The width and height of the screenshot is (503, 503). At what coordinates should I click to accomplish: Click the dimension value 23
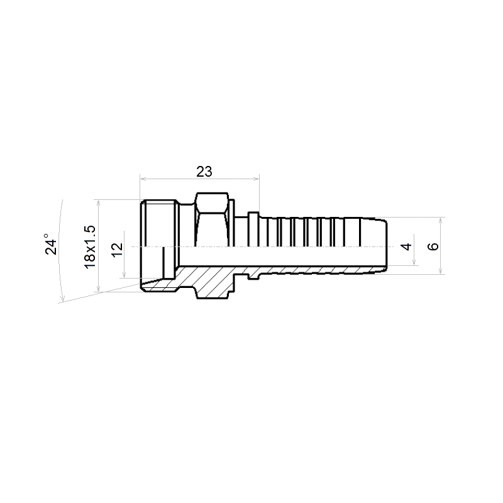click(204, 172)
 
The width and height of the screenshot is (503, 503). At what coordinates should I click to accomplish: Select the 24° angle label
click(51, 244)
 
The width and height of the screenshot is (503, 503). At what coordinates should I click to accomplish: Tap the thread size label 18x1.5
click(89, 246)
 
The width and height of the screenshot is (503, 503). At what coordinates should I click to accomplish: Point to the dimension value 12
click(118, 249)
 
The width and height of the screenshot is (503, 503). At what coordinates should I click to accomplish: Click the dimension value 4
click(407, 246)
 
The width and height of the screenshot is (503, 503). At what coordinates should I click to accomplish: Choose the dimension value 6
click(433, 246)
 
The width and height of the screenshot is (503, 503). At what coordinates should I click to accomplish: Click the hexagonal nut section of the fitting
click(213, 219)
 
